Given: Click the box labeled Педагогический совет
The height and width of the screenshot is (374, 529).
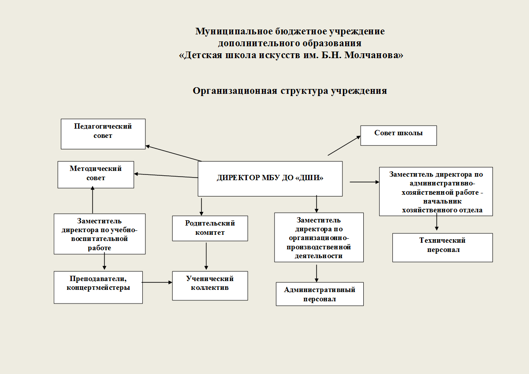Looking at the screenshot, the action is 103,134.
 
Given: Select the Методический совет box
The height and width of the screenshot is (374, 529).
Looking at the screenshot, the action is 96,174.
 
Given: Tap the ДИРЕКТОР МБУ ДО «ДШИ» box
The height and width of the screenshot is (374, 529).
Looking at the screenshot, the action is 270,178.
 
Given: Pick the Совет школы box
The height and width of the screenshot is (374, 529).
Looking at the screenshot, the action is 399,135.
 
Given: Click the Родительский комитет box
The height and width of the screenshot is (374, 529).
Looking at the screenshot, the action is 210,228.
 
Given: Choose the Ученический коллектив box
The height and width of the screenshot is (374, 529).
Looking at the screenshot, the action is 210,285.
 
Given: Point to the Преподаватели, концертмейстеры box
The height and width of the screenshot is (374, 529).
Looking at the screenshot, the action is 98,287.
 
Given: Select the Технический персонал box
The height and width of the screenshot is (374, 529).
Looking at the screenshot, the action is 442,248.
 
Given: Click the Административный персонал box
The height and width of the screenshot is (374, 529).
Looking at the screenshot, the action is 320,294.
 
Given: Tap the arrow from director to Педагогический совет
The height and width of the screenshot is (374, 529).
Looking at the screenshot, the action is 174,153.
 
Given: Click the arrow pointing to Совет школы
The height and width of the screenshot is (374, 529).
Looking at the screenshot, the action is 344,145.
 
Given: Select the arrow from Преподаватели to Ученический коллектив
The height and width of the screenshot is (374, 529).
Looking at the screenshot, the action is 157,282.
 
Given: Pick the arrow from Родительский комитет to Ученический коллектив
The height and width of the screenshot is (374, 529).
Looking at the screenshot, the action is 206,256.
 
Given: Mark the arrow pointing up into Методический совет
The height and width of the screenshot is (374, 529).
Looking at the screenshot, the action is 93,200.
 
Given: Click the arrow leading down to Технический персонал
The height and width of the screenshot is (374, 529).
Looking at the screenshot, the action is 437,222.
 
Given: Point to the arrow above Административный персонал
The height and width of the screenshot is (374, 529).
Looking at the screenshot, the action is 317,273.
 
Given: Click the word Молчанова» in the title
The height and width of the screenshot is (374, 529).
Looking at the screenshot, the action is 374,55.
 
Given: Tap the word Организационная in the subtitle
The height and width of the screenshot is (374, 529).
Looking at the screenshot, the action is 235,91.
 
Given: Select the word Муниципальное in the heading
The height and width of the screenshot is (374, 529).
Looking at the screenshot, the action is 234,31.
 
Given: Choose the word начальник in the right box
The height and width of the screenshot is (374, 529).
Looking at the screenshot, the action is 442,201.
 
